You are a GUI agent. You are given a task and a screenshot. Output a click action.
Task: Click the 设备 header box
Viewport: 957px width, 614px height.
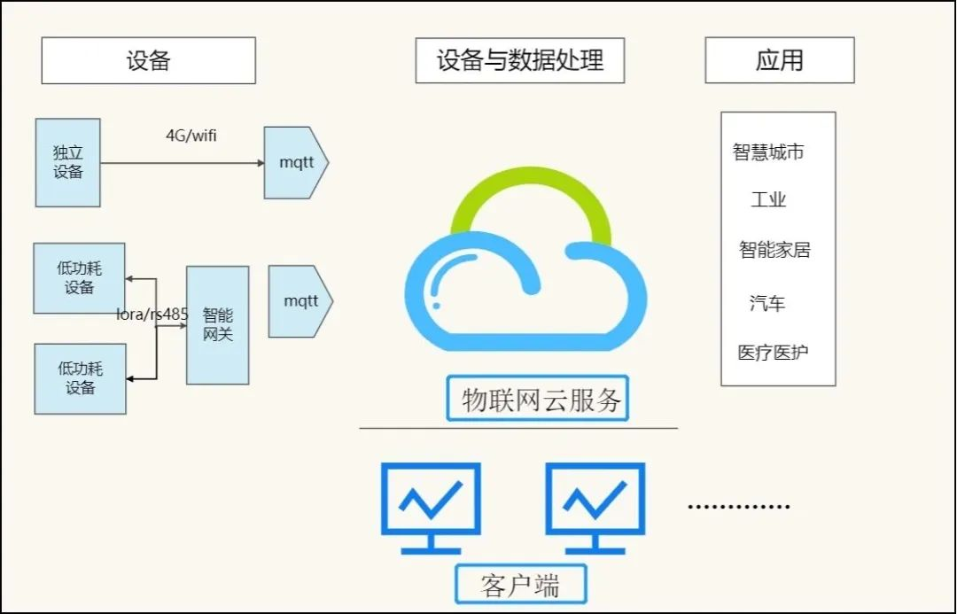click(149, 60)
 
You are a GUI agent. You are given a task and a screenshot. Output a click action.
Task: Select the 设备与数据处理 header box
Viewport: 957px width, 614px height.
click(520, 60)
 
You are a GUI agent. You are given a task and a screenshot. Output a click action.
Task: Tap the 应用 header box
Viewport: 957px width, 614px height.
click(780, 60)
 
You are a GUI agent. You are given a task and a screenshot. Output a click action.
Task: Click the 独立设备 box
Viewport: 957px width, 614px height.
click(68, 163)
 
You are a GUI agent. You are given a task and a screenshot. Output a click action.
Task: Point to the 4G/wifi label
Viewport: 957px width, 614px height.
click(191, 136)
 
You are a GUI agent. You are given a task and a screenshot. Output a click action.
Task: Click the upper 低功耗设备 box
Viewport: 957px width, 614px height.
click(79, 278)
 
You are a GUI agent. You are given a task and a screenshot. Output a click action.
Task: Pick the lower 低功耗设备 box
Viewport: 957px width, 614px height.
click(80, 378)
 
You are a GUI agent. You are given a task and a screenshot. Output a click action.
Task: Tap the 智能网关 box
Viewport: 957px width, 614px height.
click(217, 325)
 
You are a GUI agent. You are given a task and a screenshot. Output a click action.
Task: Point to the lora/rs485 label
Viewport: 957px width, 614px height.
click(152, 314)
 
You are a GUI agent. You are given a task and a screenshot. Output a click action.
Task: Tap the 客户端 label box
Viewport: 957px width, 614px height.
click(521, 585)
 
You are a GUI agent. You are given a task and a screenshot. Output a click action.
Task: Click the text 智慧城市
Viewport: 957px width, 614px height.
click(768, 152)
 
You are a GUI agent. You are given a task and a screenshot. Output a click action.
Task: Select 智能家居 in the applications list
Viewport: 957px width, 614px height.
click(774, 250)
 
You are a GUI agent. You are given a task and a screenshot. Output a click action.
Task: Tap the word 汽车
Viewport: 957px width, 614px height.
click(767, 304)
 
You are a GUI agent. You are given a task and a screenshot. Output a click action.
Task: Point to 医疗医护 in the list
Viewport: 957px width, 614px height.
click(773, 353)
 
